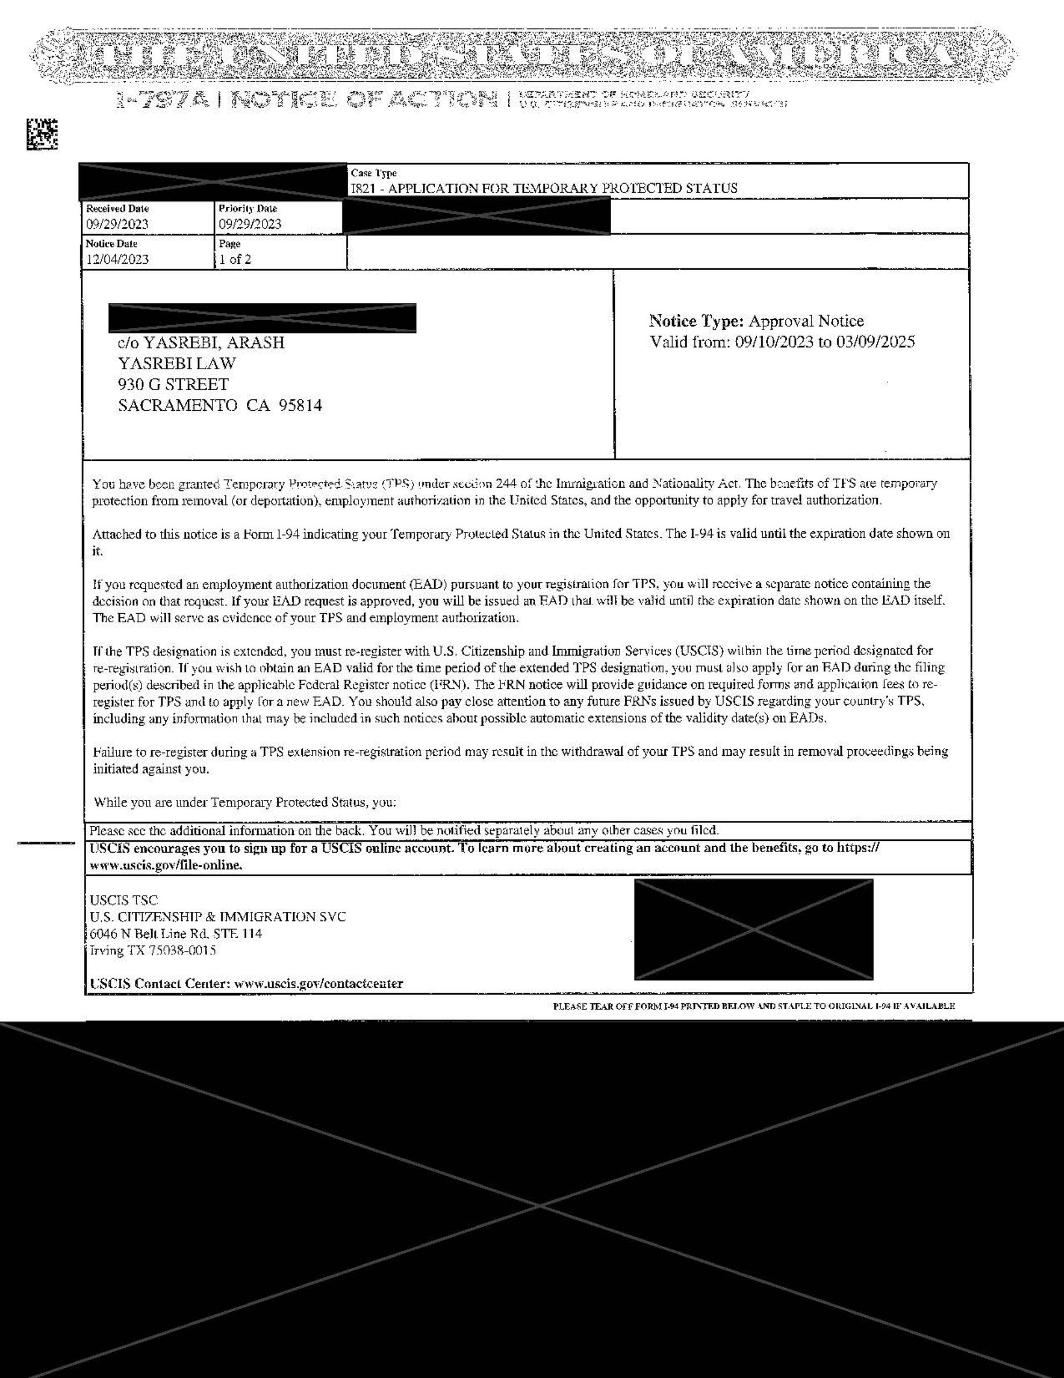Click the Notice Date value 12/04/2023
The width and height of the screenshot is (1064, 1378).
(117, 259)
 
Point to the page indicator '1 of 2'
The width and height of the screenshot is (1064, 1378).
(235, 259)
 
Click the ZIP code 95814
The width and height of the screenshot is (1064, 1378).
(300, 405)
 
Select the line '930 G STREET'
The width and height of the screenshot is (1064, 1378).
(173, 384)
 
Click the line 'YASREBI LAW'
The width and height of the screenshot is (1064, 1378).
(177, 363)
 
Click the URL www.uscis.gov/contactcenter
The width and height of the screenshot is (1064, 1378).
(318, 983)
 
